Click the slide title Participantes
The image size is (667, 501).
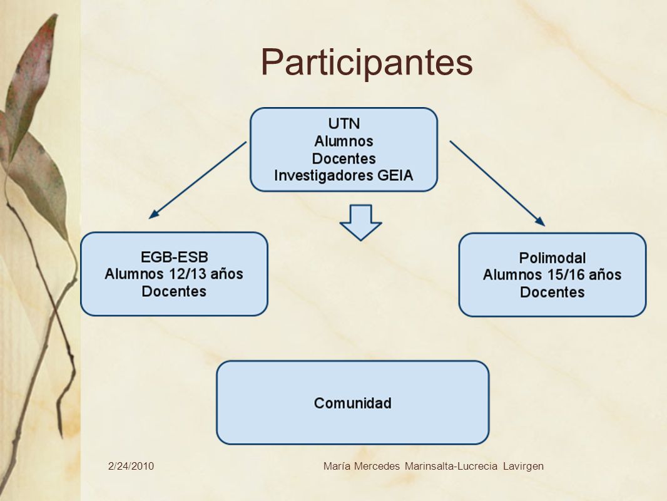click(x=367, y=63)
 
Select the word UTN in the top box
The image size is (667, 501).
click(x=344, y=123)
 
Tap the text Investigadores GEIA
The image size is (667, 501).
click(x=344, y=175)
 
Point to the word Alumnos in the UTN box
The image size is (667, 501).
click(x=344, y=141)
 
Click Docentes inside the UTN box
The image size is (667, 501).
click(x=344, y=158)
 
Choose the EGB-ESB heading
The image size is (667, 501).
click(x=175, y=257)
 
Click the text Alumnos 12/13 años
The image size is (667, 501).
click(x=174, y=274)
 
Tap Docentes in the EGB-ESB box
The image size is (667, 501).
click(x=174, y=291)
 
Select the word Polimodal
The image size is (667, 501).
click(x=552, y=258)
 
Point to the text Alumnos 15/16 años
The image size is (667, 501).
click(x=552, y=274)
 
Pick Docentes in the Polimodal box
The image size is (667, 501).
click(x=552, y=292)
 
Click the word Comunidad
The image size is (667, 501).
click(x=353, y=403)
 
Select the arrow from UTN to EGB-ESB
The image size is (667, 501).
click(x=197, y=180)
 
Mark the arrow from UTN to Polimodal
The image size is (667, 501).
click(x=497, y=183)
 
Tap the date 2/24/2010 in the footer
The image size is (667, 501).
click(x=131, y=466)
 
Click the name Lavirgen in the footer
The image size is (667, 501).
click(x=523, y=466)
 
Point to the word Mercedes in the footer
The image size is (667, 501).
click(x=377, y=466)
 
